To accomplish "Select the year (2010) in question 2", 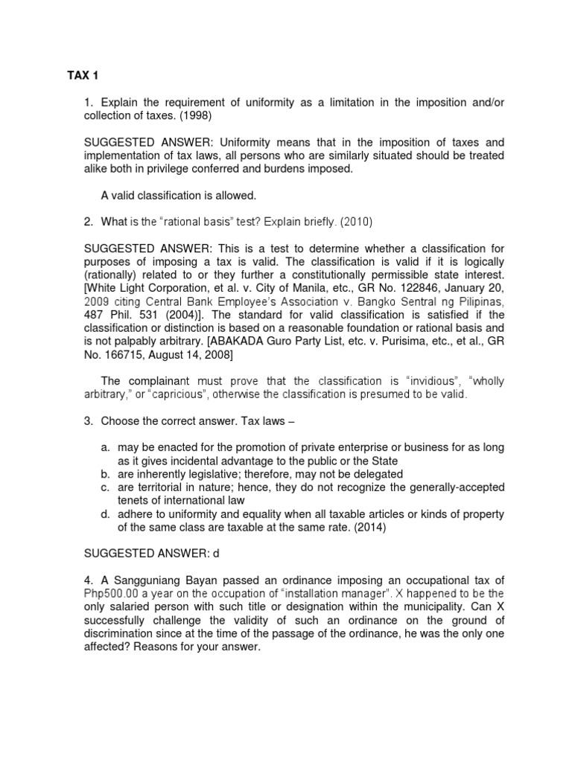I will point(355,221).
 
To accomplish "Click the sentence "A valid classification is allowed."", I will point(178,195).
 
